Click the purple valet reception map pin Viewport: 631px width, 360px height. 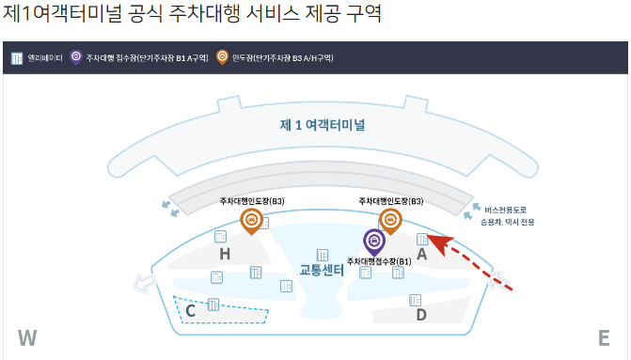(x=374, y=242)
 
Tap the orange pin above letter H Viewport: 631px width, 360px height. (x=251, y=221)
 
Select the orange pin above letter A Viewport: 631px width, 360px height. (x=390, y=220)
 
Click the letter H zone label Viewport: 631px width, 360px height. (x=225, y=254)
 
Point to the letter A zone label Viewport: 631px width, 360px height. (x=422, y=254)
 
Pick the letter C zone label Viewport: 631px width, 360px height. (x=190, y=309)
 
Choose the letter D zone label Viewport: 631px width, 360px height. (x=421, y=315)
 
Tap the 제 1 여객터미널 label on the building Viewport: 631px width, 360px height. (x=323, y=124)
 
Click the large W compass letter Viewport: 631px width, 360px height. (x=26, y=338)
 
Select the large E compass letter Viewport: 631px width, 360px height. (x=604, y=338)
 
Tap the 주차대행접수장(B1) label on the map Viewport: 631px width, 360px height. (x=379, y=260)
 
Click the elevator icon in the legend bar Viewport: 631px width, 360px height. (x=16, y=58)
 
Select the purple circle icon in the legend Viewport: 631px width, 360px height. (x=76, y=58)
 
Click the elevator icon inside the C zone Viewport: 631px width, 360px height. (x=213, y=304)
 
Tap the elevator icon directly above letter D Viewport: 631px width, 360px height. (x=415, y=300)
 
